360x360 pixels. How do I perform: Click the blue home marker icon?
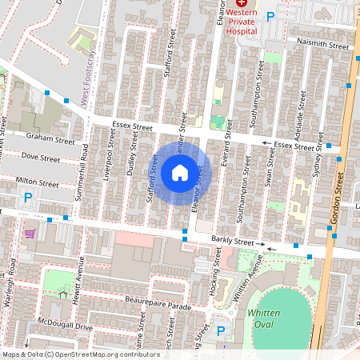point(179,173)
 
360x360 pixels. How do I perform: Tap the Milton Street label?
point(38,183)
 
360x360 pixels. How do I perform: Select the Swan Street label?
point(270,170)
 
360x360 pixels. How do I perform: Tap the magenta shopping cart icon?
point(30,233)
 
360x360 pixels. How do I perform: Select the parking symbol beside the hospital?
point(270,16)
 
